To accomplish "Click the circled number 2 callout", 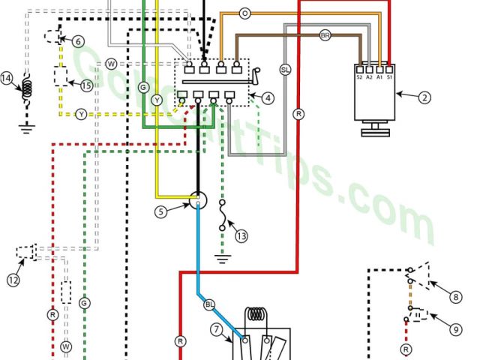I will (x=425, y=96).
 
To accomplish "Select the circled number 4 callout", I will (x=268, y=97).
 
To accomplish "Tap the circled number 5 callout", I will (x=160, y=212).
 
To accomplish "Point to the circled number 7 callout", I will (x=217, y=329).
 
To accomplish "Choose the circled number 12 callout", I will (x=13, y=280).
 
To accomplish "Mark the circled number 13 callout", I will (x=240, y=235).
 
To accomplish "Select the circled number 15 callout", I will (x=86, y=86).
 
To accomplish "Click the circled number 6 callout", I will (x=79, y=43).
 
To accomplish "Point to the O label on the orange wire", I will (x=244, y=13).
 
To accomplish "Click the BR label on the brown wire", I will (x=325, y=35).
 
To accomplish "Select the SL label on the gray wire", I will (x=284, y=69).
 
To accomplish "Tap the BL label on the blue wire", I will (x=209, y=304).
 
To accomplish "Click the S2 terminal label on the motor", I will (x=359, y=76).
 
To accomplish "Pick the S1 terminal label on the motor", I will (x=389, y=76).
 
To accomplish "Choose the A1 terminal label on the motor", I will (x=379, y=76).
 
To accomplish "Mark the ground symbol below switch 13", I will (x=222, y=259).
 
